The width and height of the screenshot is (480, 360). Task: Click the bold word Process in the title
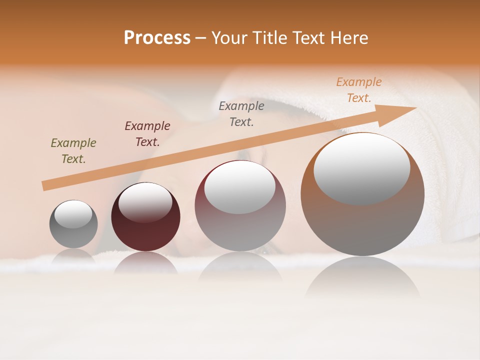pyautogui.click(x=157, y=38)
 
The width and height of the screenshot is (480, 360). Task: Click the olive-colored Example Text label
pyautogui.click(x=73, y=151)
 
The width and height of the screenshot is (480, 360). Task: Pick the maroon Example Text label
pyautogui.click(x=147, y=133)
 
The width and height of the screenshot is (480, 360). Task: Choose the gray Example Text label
pyautogui.click(x=241, y=113)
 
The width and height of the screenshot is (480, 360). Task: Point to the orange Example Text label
pyautogui.click(x=359, y=90)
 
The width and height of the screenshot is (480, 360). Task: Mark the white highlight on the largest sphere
pyautogui.click(x=361, y=168)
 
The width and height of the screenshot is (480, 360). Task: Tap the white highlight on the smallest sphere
pyautogui.click(x=73, y=214)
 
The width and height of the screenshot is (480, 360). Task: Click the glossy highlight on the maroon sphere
pyautogui.click(x=145, y=202)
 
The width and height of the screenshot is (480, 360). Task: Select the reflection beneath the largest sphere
pyautogui.click(x=362, y=277)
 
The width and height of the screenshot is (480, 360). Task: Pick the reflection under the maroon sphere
pyautogui.click(x=145, y=263)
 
